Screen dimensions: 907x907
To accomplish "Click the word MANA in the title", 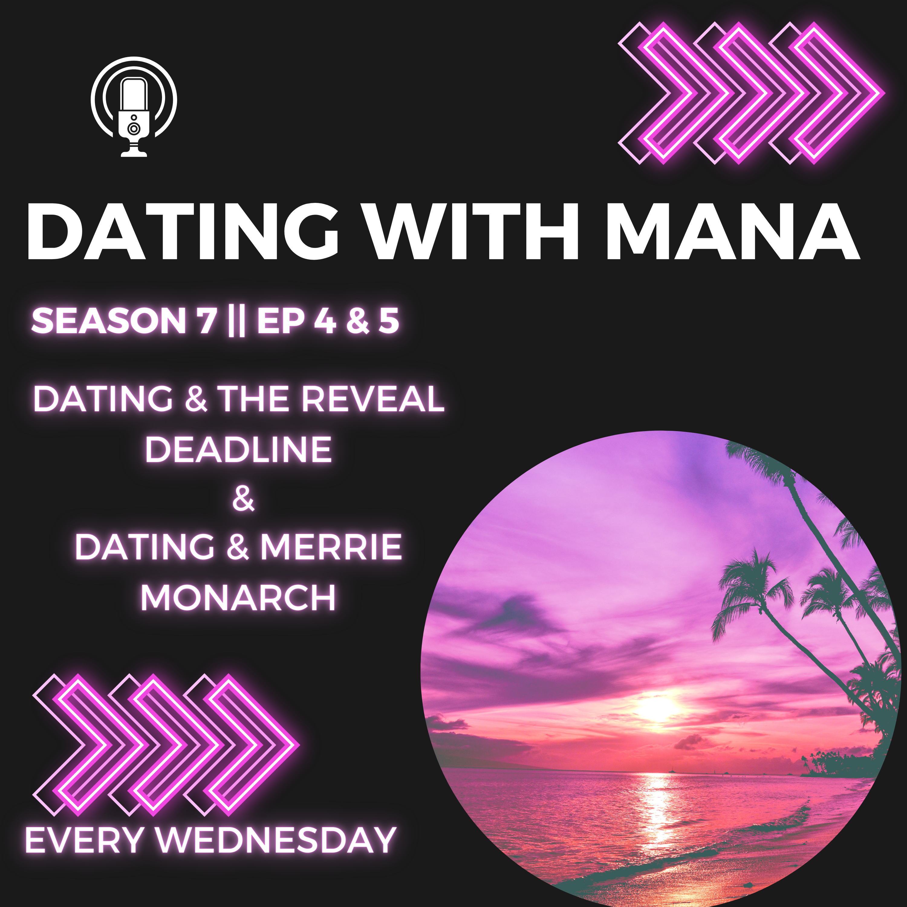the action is [x=733, y=232].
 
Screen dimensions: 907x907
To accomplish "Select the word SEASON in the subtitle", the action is [x=109, y=321].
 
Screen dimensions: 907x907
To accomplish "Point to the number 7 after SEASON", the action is [x=206, y=321].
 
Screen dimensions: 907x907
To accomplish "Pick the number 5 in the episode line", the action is [x=389, y=321].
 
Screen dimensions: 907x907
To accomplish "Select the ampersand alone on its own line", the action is [x=243, y=499].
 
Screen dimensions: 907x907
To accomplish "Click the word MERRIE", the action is [x=331, y=547].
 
